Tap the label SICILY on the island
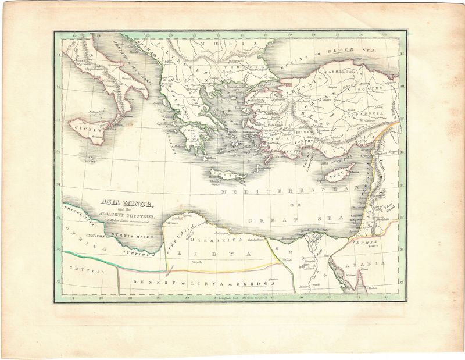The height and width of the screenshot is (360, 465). [x=86, y=131]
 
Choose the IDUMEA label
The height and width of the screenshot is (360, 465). [x=367, y=241]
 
